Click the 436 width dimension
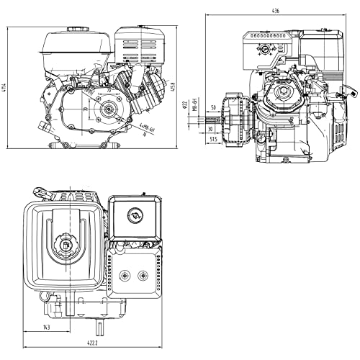[276, 10]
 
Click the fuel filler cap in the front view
[76, 30]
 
